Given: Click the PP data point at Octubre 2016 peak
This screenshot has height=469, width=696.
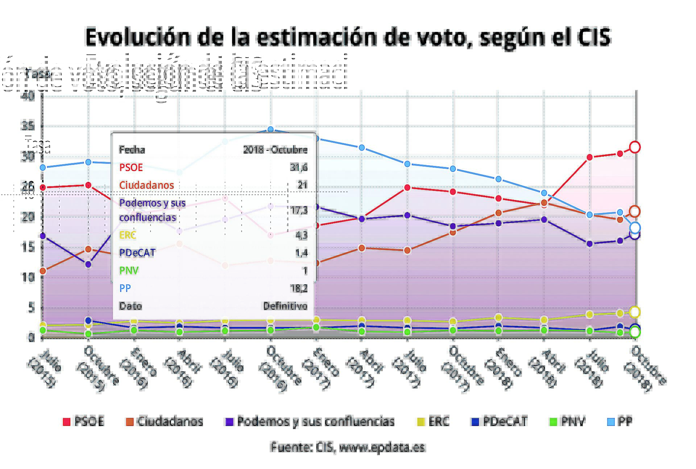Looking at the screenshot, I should pyautogui.click(x=270, y=129).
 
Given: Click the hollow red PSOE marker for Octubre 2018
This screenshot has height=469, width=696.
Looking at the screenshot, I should pyautogui.click(x=635, y=147).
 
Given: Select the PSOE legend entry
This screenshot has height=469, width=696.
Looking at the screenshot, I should pyautogui.click(x=83, y=422).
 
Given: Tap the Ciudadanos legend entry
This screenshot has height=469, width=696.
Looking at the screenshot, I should pyautogui.click(x=165, y=422).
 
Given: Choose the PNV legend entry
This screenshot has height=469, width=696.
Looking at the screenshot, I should pyautogui.click(x=568, y=422).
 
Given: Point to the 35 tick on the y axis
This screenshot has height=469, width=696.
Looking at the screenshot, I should pyautogui.click(x=28, y=126).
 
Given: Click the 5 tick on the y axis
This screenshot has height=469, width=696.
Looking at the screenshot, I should pyautogui.click(x=31, y=308).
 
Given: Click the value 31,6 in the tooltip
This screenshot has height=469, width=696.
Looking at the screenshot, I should pyautogui.click(x=299, y=167).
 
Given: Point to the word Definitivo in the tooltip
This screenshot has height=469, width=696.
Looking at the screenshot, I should pyautogui.click(x=285, y=306).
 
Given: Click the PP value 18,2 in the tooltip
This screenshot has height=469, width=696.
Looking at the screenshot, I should pyautogui.click(x=299, y=289).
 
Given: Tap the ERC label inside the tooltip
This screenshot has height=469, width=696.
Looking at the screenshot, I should pyautogui.click(x=128, y=235).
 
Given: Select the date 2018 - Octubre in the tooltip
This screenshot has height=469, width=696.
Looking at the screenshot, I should pyautogui.click(x=275, y=150).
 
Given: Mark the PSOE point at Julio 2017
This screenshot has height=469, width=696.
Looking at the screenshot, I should pyautogui.click(x=407, y=187).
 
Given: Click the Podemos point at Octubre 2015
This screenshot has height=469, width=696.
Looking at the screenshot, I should pyautogui.click(x=88, y=265).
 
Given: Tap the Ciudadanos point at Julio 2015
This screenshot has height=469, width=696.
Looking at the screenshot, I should pyautogui.click(x=43, y=271).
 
